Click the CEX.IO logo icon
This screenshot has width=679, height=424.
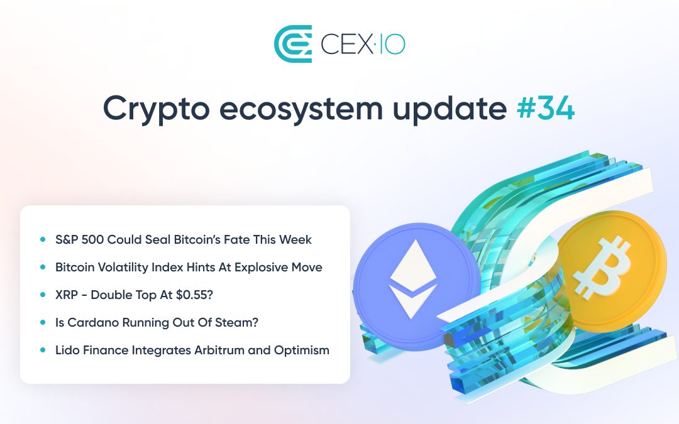point(293,44)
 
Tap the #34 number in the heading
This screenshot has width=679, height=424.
point(545,108)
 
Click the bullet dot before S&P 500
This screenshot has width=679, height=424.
point(43,239)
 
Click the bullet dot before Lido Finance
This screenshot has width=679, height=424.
point(43,350)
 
